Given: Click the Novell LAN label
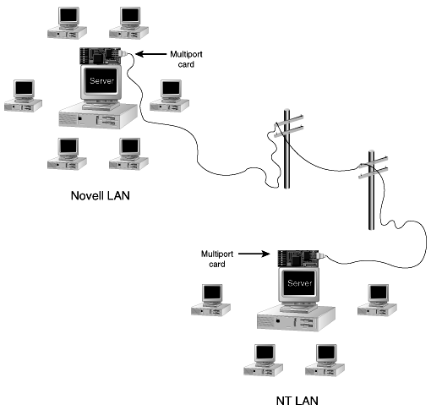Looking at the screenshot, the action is click(x=101, y=195).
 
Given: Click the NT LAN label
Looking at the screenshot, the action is click(x=297, y=401).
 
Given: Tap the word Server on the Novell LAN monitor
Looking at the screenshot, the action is click(x=101, y=81).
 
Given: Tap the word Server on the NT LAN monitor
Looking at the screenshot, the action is click(x=300, y=283).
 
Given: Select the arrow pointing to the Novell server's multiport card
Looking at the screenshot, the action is click(x=151, y=54).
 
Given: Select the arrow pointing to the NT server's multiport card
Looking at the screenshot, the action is click(x=254, y=254).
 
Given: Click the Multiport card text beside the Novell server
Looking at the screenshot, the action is click(x=186, y=59).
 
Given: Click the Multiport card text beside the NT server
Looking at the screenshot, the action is click(x=217, y=259).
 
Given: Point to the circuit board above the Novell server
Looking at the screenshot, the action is click(x=101, y=56).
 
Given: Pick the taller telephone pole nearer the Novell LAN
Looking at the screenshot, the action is click(x=287, y=149).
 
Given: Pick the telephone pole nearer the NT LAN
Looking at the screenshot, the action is click(x=372, y=190).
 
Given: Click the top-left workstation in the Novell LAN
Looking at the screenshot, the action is click(x=67, y=23).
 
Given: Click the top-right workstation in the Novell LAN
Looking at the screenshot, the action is click(x=129, y=23).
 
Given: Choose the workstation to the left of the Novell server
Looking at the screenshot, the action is click(x=24, y=96).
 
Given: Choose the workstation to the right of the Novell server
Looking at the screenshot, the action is click(x=169, y=96).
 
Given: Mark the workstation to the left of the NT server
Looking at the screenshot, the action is click(x=210, y=300).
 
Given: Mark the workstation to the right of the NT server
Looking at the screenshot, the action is click(x=377, y=300).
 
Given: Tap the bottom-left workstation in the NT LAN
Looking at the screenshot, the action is click(x=264, y=360).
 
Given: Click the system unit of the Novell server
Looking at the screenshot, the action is click(x=98, y=116).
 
